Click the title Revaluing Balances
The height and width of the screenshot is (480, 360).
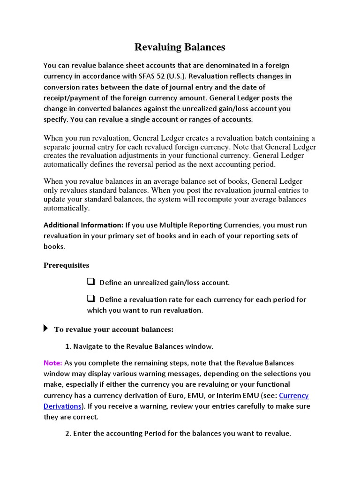coord(180,47)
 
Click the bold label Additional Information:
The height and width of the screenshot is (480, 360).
coord(83,225)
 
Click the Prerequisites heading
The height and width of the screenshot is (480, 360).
coord(66,265)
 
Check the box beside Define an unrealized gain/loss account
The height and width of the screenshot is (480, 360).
coord(91,282)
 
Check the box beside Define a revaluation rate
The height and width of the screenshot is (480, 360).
coord(91,299)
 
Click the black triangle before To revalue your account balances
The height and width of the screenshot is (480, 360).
coord(45,329)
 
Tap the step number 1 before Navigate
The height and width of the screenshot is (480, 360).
coord(67,346)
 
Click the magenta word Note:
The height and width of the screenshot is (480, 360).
coord(52,363)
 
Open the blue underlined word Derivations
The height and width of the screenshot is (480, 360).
coord(63,406)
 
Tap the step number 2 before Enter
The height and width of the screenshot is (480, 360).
coord(67,434)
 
